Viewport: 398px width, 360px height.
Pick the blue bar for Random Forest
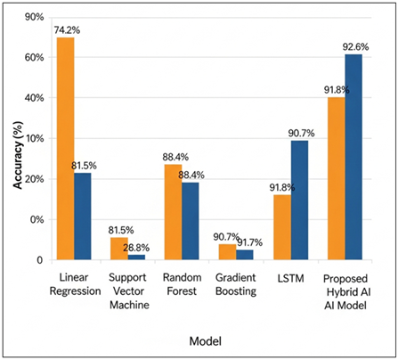coord(190,220)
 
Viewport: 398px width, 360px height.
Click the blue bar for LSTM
coord(299,200)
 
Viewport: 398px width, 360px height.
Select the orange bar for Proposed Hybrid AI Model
coord(336,178)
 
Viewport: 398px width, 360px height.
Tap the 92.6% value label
coord(361,45)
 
